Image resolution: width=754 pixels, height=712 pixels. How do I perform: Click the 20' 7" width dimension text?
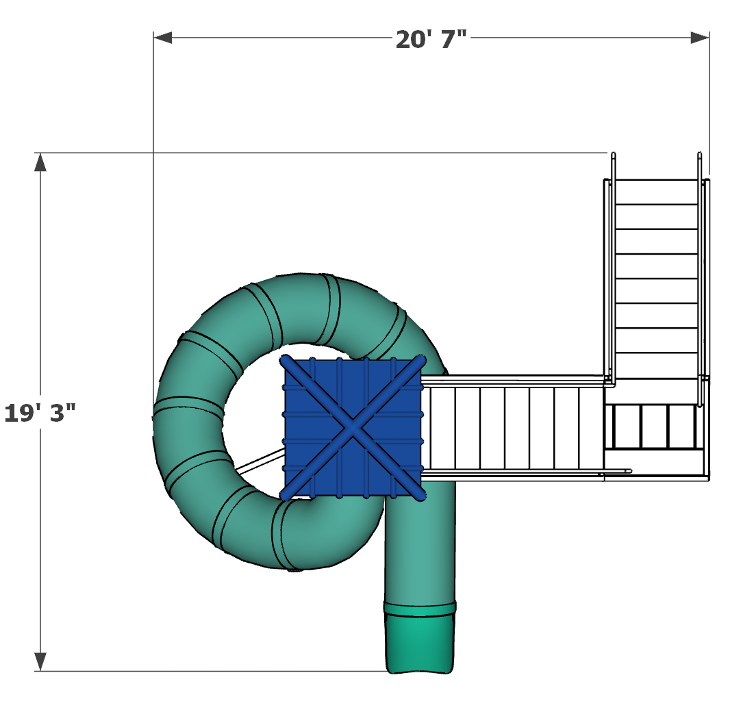(431, 40)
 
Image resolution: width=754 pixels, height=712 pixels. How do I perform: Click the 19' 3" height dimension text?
(40, 414)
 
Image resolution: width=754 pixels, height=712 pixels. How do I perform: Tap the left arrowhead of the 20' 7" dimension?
(162, 38)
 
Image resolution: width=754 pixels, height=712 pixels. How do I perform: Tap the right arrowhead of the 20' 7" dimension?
(700, 38)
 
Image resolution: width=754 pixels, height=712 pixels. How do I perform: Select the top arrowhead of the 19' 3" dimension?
(40, 162)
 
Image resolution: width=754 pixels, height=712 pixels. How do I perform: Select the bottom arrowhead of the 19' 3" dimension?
(40, 661)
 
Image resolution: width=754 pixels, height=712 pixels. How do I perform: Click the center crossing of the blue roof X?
(353, 429)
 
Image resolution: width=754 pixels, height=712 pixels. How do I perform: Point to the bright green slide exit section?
(420, 644)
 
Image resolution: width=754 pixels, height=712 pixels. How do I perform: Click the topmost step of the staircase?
(656, 192)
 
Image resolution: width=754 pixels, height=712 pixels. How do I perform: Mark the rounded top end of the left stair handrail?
(613, 155)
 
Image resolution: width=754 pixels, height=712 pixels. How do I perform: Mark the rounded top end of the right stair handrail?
(699, 155)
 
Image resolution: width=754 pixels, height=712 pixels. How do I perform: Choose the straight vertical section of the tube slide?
(420, 548)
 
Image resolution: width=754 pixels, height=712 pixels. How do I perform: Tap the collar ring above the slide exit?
(420, 608)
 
